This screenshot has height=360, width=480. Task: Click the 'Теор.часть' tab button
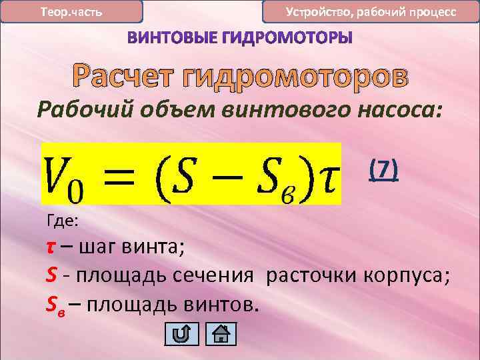click(71, 12)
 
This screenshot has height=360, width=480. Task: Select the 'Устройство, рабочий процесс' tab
click(371, 12)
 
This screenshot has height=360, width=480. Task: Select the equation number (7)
click(384, 171)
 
